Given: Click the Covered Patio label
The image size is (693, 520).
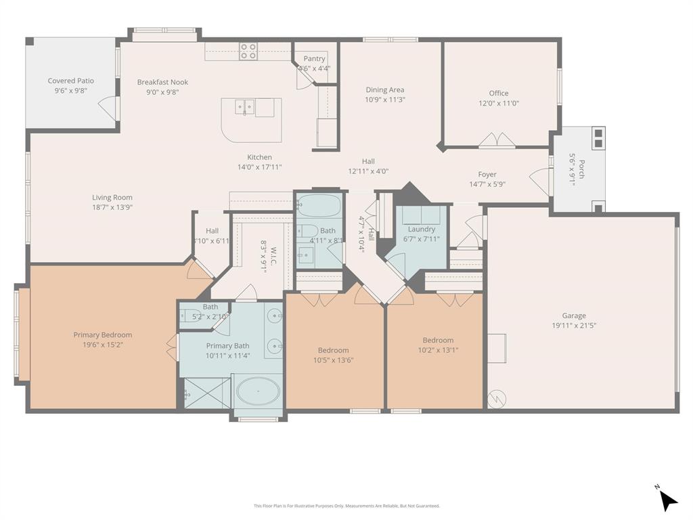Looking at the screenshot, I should tap(70, 81).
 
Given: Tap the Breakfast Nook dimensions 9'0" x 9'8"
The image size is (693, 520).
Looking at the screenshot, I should tap(162, 93).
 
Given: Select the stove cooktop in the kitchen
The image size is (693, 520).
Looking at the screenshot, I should tap(248, 51).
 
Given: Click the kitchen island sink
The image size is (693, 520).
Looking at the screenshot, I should tap(245, 107).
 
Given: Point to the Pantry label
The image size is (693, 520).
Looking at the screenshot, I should tap(314, 59).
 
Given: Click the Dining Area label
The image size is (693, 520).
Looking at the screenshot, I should tap(385, 89).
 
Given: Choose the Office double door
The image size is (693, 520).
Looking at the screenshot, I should tap(497, 141).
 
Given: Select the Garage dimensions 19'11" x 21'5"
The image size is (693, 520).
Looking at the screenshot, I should tap(573, 325).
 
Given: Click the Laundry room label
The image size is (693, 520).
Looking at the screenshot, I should tap(421, 229).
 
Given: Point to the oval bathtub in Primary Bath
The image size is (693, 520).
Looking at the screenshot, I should tap(257, 391).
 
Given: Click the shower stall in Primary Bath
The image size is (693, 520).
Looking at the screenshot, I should tap(207, 393).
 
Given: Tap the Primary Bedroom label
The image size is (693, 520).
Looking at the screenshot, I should tap(103, 334).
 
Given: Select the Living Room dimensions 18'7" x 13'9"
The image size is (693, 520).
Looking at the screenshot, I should tap(112, 207).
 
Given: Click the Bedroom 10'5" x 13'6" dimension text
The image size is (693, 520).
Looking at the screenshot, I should tap(333, 360).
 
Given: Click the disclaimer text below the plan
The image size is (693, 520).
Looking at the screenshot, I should tap(346, 506).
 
